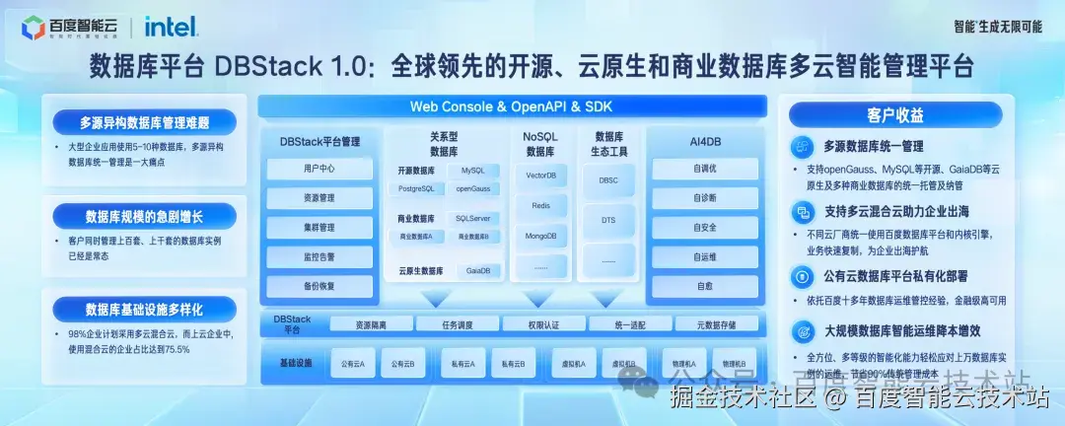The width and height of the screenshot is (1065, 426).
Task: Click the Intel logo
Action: (x=171, y=26)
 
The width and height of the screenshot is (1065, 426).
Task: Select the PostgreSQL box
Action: (x=416, y=188)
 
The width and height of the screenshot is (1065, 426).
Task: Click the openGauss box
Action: (x=473, y=188)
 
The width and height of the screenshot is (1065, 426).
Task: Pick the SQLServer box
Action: (x=473, y=218)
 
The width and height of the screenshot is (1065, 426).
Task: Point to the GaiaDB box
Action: (x=478, y=270)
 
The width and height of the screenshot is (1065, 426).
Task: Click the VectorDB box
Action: (x=540, y=176)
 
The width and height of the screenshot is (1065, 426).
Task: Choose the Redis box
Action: (x=540, y=206)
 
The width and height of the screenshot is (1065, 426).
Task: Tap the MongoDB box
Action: (x=540, y=237)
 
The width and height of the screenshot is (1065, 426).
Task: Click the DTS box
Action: (x=608, y=221)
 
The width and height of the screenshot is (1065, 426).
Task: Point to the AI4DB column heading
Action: (x=705, y=142)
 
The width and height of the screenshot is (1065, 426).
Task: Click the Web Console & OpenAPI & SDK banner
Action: (x=513, y=106)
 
